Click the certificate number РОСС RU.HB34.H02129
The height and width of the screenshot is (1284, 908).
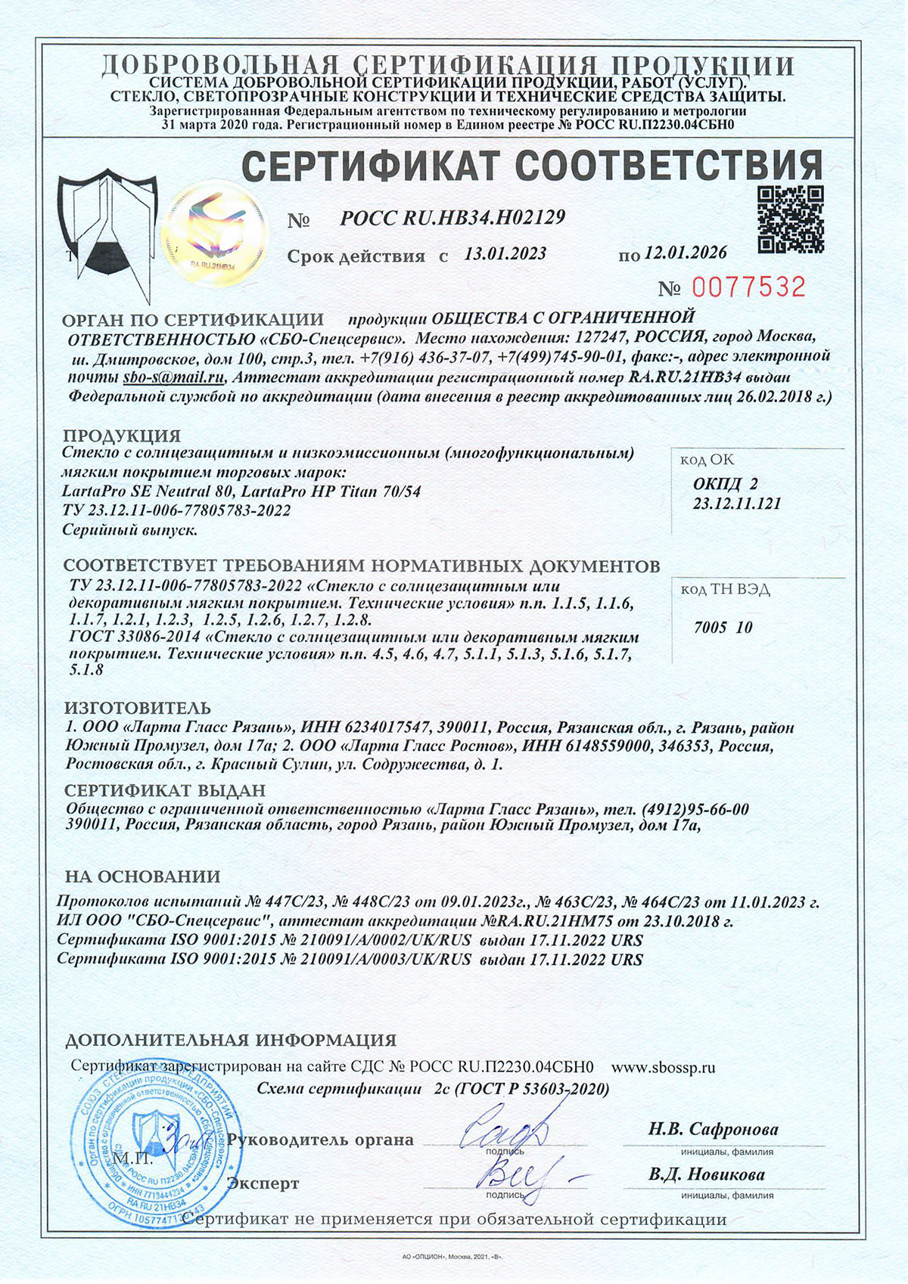pos(452,219)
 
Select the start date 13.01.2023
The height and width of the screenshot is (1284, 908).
pos(505,254)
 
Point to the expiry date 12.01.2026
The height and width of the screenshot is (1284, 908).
pos(686,253)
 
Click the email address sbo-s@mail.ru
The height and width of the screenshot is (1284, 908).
pos(175,377)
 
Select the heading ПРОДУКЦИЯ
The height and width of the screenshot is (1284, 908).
pos(122,436)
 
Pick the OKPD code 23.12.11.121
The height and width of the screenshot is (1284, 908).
pos(737,504)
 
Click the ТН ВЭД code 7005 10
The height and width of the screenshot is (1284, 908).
pos(723,627)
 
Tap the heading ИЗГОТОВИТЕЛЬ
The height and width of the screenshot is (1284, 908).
pos(138,709)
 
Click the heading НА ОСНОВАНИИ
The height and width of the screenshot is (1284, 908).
pos(143,877)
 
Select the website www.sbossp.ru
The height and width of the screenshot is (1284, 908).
pos(663,1068)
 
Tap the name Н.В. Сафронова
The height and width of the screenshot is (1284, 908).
pos(713,1130)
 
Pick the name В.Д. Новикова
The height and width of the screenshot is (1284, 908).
pos(707,1175)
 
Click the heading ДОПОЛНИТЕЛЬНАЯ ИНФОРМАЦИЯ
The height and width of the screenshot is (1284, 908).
pos(231,1041)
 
